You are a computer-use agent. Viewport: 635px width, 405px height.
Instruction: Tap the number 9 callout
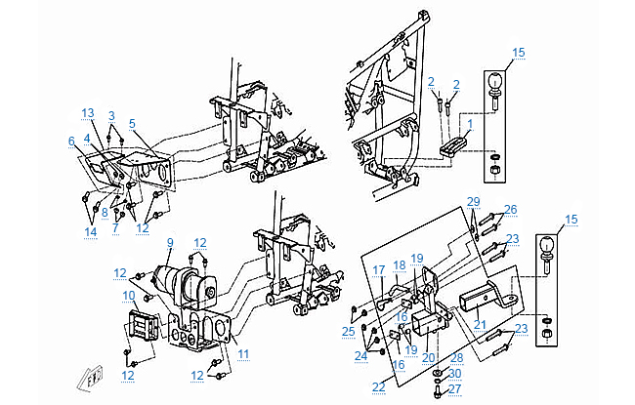(169, 243)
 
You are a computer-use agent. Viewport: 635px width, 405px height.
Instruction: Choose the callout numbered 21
(479, 324)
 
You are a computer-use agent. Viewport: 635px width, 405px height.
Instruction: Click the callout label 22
(379, 387)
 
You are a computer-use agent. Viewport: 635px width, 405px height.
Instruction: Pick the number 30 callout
(455, 374)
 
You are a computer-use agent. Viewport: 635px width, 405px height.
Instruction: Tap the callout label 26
(510, 209)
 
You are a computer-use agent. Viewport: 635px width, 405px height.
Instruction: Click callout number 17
(379, 270)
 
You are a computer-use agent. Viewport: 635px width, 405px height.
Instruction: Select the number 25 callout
(348, 333)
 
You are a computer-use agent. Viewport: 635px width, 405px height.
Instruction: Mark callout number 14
(90, 232)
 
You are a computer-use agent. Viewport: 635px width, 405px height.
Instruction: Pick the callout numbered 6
(71, 142)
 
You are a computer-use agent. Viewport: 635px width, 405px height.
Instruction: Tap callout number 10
(128, 295)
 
